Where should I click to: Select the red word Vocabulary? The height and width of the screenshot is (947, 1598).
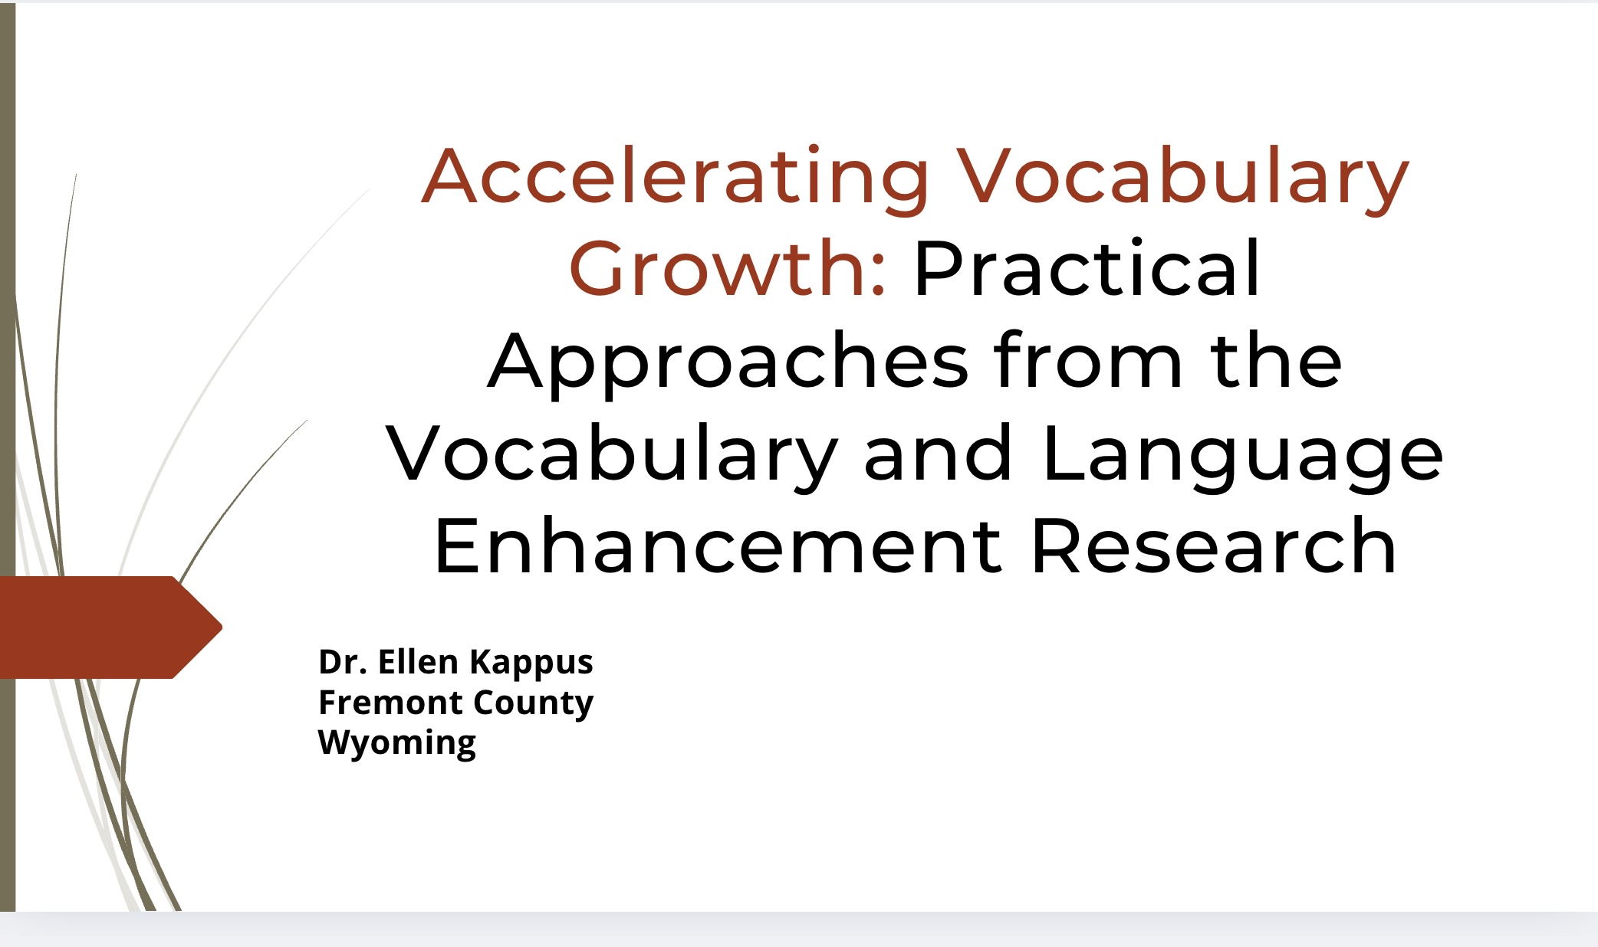tap(1183, 176)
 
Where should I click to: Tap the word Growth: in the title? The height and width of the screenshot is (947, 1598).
tap(728, 268)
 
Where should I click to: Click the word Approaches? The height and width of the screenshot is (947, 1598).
tap(728, 362)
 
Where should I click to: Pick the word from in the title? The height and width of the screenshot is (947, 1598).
tap(1087, 360)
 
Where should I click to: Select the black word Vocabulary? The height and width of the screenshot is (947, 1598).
tap(611, 454)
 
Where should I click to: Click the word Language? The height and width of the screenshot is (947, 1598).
tap(1242, 454)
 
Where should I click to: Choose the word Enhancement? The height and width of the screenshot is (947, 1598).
tap(718, 546)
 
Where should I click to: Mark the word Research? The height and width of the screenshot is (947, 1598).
tap(1213, 546)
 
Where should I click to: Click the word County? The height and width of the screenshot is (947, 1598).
tap(534, 704)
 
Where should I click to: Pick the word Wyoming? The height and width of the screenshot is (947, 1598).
tap(397, 744)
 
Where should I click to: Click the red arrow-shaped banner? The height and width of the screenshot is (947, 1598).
tap(107, 628)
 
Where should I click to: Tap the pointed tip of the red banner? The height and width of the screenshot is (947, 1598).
tap(222, 628)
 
